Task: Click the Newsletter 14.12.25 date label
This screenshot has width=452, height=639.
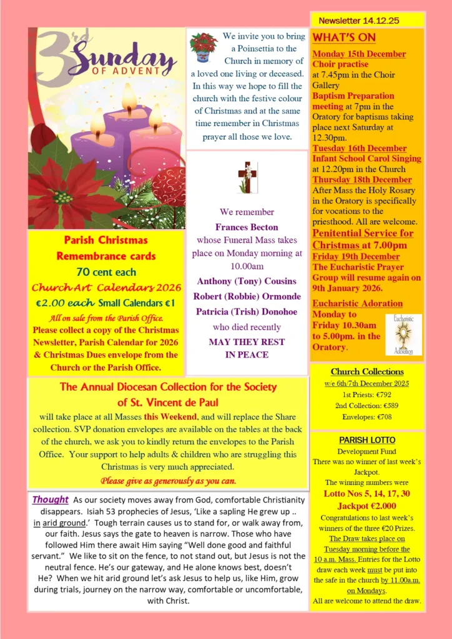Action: click(358, 21)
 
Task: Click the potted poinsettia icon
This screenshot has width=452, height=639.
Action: click(204, 47)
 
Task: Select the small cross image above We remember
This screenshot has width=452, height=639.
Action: click(247, 178)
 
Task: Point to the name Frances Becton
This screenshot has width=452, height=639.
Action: click(247, 227)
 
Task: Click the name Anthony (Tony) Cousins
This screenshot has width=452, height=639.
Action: click(247, 281)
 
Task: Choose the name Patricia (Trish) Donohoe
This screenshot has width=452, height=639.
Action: click(247, 311)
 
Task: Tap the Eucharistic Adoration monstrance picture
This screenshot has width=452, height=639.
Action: click(403, 334)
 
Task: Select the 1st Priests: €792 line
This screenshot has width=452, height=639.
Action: click(366, 395)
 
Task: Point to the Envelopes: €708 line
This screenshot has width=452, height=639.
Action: click(366, 417)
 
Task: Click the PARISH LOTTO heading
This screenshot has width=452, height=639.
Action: click(366, 440)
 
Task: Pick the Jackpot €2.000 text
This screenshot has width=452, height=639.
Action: click(366, 506)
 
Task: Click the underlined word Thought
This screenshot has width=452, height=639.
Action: click(50, 500)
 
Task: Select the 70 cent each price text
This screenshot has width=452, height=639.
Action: click(106, 271)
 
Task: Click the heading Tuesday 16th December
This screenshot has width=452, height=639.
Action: click(359, 149)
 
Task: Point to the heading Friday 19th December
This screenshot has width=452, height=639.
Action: click(356, 256)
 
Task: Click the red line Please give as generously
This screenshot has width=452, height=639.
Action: click(167, 480)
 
